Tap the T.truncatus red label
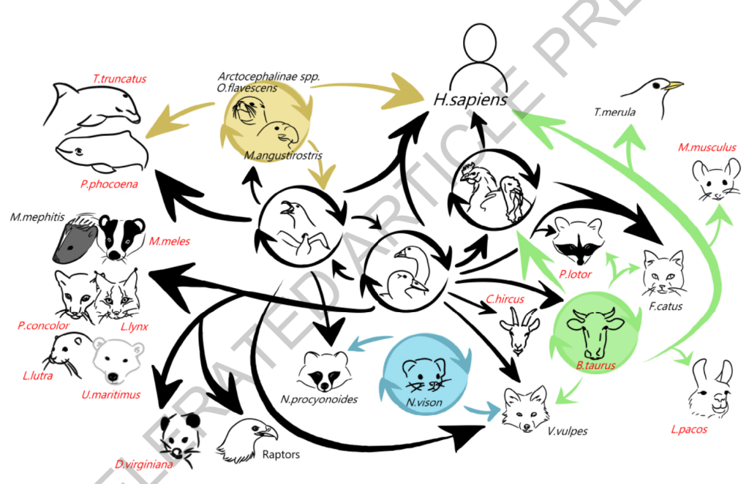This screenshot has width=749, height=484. (x=118, y=77)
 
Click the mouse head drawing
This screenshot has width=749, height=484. (x=711, y=179)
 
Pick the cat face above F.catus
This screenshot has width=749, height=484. (x=663, y=272)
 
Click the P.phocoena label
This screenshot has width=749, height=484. (x=109, y=184)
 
